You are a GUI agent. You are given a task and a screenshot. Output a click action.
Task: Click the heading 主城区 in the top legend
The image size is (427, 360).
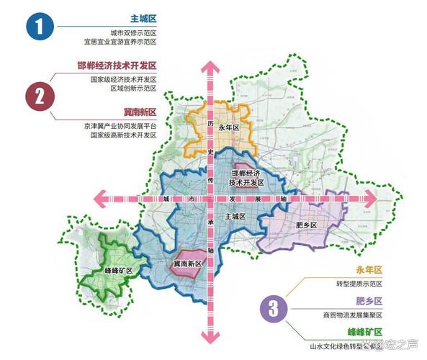click(144, 19)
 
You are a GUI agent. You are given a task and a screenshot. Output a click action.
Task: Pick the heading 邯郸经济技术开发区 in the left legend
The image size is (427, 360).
click(117, 66)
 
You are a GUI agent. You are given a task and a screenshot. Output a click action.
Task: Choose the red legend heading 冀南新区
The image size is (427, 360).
click(140, 112)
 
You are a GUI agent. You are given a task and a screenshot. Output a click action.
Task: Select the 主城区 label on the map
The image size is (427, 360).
click(235, 216)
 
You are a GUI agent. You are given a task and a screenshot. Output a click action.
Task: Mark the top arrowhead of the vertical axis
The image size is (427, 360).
click(210, 69)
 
